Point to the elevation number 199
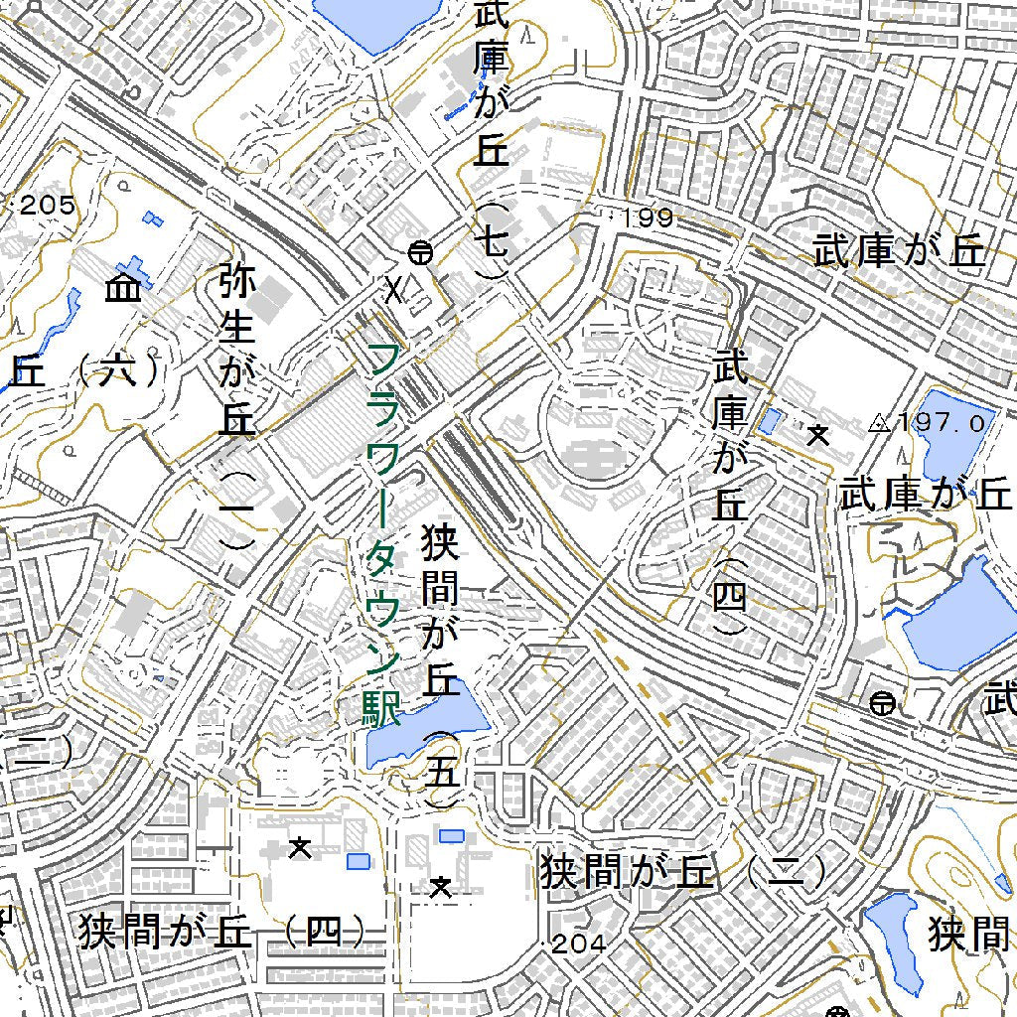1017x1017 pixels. tap(650, 218)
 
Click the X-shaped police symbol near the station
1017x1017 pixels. tap(395, 290)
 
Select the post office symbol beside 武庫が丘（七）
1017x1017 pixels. tap(420, 252)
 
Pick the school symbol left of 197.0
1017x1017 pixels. tap(818, 434)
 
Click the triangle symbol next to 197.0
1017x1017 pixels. tap(879, 424)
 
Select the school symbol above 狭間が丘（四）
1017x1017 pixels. tap(298, 847)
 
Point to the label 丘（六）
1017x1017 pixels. tap(83, 372)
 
